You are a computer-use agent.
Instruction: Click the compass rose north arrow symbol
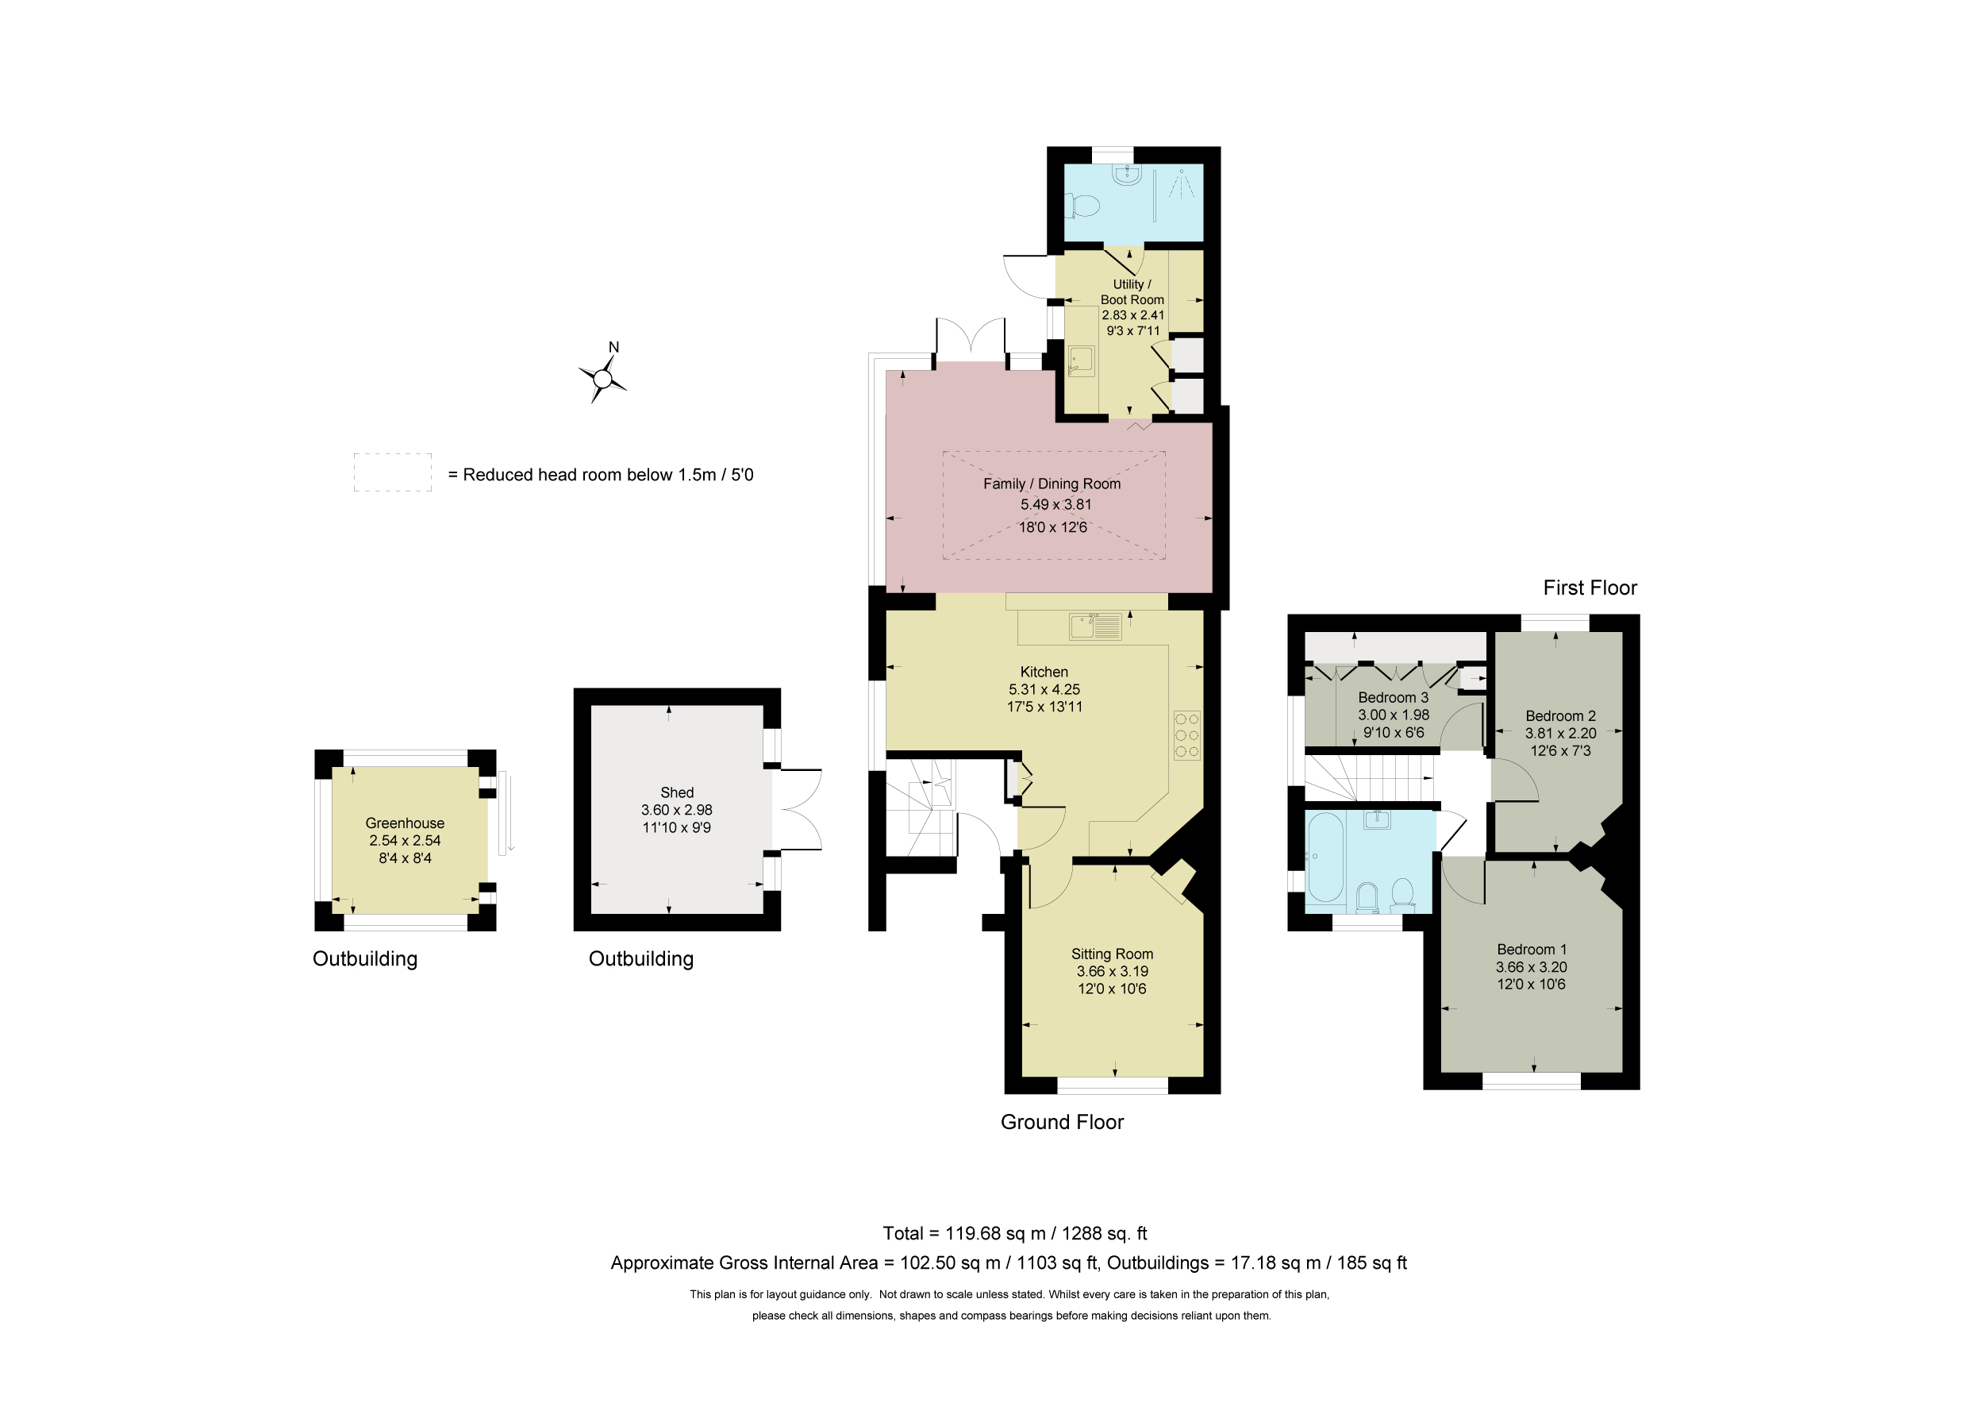(603, 378)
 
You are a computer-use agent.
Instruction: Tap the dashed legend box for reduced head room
(392, 473)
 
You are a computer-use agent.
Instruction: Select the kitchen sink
(1095, 626)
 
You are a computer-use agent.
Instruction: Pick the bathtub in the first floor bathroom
(1325, 857)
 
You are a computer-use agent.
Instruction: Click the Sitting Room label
(1112, 954)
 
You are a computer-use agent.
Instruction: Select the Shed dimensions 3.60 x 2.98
(677, 810)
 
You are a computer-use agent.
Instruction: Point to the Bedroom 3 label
(1393, 698)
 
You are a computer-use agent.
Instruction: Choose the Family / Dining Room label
(1052, 484)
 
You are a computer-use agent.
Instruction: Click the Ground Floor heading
(1062, 1122)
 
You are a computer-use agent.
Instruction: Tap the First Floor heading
(1590, 588)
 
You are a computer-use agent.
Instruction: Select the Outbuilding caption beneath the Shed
(641, 958)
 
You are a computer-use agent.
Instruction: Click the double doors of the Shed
(797, 810)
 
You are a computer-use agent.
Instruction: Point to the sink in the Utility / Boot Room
(1081, 360)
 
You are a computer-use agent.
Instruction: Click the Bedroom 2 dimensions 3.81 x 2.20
(1560, 733)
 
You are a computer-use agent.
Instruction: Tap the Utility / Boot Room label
(1132, 292)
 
